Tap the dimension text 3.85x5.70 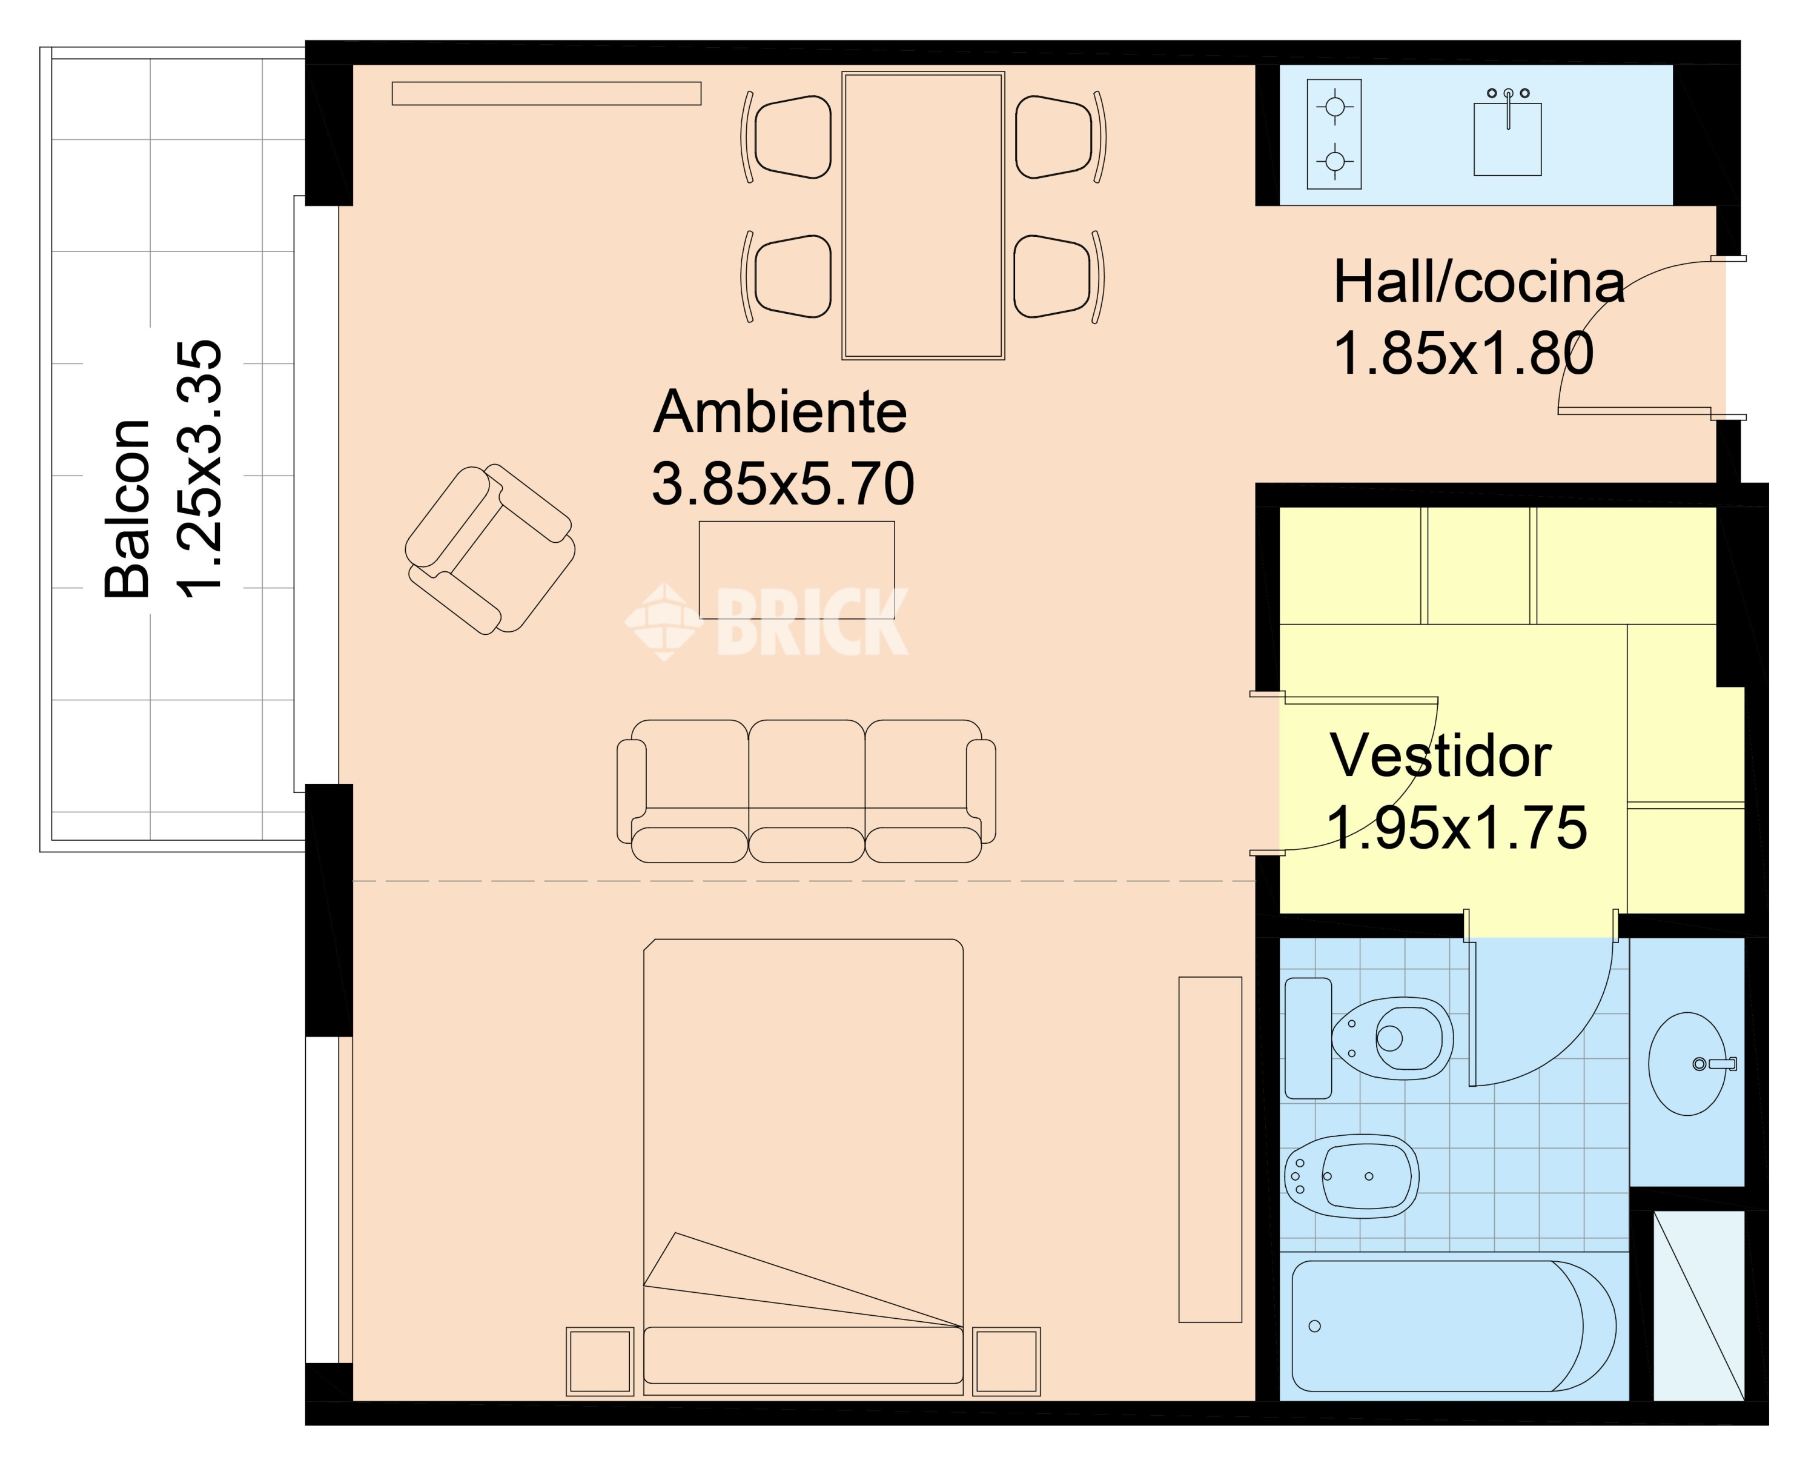[x=783, y=484]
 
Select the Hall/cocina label [x=1478, y=282]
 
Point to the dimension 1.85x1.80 [x=1463, y=353]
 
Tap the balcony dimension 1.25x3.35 [x=199, y=469]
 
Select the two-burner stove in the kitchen [x=1334, y=133]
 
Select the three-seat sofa [x=806, y=791]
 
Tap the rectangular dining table [x=923, y=215]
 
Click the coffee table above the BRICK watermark [x=796, y=570]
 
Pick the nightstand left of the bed [x=600, y=1361]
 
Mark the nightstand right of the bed [x=1007, y=1361]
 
